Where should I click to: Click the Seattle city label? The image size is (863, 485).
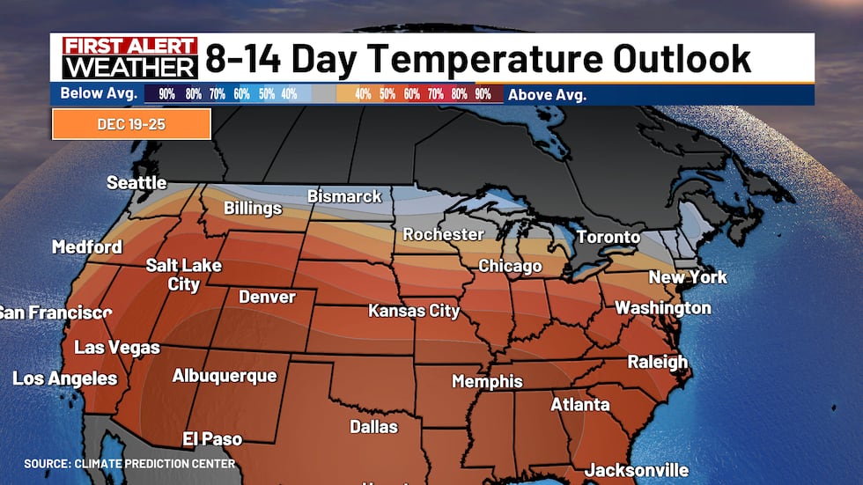pyautogui.click(x=136, y=183)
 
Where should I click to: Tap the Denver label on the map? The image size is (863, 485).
pyautogui.click(x=267, y=297)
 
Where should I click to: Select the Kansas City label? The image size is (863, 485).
pyautogui.click(x=414, y=311)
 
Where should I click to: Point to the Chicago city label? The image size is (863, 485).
pyautogui.click(x=510, y=266)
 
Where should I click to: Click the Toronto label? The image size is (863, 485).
pyautogui.click(x=608, y=237)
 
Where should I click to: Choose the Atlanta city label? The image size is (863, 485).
pyautogui.click(x=579, y=404)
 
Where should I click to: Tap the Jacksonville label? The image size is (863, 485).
pyautogui.click(x=637, y=470)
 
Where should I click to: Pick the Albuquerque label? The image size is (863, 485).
pyautogui.click(x=225, y=376)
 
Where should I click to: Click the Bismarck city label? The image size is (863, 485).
pyautogui.click(x=344, y=196)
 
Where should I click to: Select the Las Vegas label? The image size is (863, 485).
pyautogui.click(x=117, y=348)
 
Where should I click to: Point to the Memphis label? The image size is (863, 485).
pyautogui.click(x=487, y=381)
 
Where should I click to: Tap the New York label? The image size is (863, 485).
pyautogui.click(x=688, y=277)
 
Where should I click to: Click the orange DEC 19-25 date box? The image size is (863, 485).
pyautogui.click(x=131, y=124)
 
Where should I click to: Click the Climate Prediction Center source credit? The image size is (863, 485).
pyautogui.click(x=129, y=463)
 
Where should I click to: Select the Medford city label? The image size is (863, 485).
pyautogui.click(x=86, y=246)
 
